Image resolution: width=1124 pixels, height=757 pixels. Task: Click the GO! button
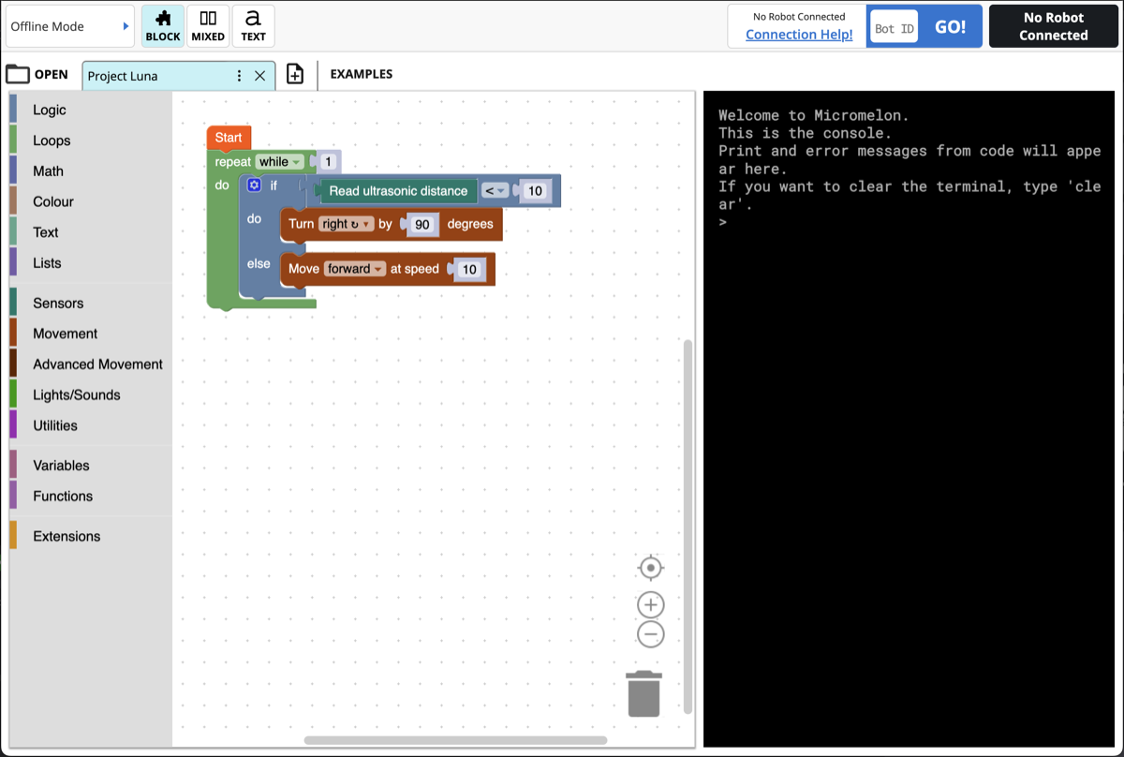[x=950, y=26]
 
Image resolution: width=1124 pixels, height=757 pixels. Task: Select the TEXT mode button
[x=253, y=26]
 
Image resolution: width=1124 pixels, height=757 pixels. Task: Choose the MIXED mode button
[x=208, y=26]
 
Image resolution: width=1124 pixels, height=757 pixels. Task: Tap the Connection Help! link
[x=799, y=35]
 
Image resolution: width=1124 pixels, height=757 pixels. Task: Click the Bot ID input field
[x=894, y=27]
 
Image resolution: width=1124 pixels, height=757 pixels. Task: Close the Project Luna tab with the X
[x=260, y=76]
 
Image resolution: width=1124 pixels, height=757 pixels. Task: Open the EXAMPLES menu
[x=362, y=74]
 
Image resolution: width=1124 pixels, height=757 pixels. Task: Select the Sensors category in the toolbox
[x=58, y=303]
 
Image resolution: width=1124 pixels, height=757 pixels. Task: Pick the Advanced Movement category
[x=97, y=364]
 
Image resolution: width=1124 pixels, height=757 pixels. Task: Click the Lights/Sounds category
[x=77, y=394]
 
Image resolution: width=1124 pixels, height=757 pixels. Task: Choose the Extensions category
[x=67, y=536]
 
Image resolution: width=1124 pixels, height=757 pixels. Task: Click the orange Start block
[x=229, y=138]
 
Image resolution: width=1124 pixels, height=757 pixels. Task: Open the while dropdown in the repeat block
[x=281, y=162]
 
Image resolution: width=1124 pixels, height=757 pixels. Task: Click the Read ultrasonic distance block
[x=398, y=191]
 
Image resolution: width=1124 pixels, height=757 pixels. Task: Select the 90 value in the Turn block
[x=421, y=225]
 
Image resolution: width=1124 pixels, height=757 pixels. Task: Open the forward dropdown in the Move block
[x=355, y=269]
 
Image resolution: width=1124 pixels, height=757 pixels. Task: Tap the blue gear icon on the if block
[x=254, y=186]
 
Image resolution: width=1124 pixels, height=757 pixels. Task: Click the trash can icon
[x=644, y=694]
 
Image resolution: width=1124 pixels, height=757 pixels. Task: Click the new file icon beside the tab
[x=295, y=75]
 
